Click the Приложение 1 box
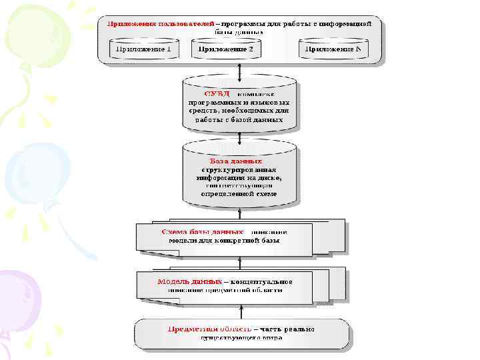coord(144,49)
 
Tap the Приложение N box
coord(333,49)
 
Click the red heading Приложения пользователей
coord(147,23)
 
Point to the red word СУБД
coord(217,94)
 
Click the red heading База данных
coord(235,161)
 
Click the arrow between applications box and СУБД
coord(241,71)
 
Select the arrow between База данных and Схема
coord(241,213)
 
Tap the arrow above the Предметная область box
coord(241,311)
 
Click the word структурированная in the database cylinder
coord(239,169)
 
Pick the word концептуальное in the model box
coord(263,281)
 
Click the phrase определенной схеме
coord(239,194)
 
